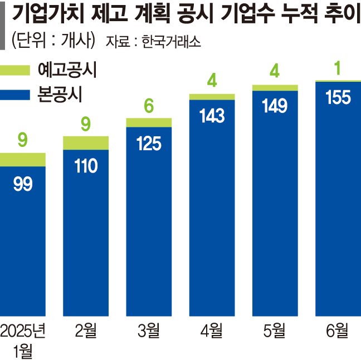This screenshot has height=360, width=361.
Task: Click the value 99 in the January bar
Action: pyautogui.click(x=22, y=184)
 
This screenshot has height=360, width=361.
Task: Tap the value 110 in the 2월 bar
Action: pyautogui.click(x=86, y=165)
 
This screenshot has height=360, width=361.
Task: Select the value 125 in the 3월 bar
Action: pyautogui.click(x=149, y=144)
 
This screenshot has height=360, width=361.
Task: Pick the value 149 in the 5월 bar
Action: pyautogui.click(x=275, y=106)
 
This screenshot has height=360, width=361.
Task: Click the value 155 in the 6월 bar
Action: pyautogui.click(x=338, y=97)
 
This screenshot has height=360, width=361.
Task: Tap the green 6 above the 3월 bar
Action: pyautogui.click(x=149, y=106)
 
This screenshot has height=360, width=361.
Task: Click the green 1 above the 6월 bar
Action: pyautogui.click(x=338, y=68)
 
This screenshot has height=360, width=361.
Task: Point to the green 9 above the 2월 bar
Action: pyautogui.click(x=86, y=124)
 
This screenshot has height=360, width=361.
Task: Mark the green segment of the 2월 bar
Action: pyautogui.click(x=86, y=142)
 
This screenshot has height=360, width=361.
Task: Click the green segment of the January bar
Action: pyautogui.click(x=22, y=160)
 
